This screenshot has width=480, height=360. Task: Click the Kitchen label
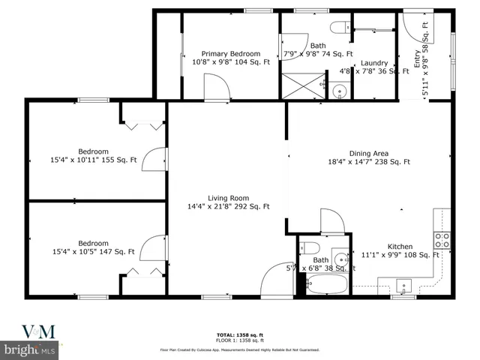tap(400, 247)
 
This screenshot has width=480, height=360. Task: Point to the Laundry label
tap(373, 63)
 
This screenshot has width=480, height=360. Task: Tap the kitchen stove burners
tap(442, 240)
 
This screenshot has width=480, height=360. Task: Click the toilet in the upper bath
tap(339, 28)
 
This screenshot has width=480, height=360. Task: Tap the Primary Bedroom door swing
tap(218, 91)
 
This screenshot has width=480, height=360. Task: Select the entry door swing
tap(415, 26)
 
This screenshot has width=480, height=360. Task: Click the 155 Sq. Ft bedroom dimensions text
tap(94, 159)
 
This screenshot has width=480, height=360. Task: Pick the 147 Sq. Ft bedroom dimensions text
tap(94, 252)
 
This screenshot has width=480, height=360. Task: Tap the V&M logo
tap(28, 331)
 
